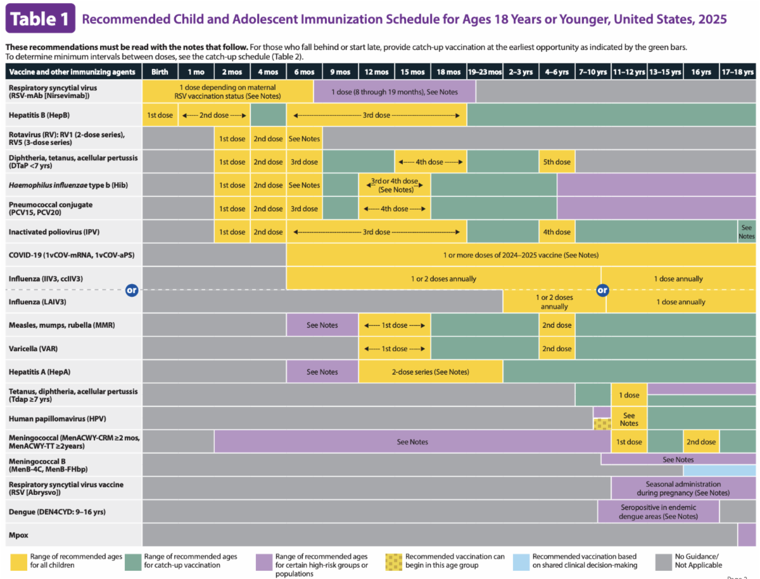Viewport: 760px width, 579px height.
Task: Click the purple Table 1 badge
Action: [x=40, y=18]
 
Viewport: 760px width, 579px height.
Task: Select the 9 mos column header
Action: [x=340, y=72]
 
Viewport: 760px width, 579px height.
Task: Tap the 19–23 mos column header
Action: [x=484, y=72]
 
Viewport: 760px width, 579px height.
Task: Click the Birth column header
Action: [x=160, y=72]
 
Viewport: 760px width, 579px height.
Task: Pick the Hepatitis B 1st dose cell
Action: [x=160, y=115]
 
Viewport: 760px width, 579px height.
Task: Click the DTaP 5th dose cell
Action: [x=557, y=162]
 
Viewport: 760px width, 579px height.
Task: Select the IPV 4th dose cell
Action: [x=557, y=232]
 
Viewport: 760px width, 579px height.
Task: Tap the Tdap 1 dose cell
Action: [x=629, y=395]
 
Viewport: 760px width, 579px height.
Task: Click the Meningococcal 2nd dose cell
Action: [x=701, y=442]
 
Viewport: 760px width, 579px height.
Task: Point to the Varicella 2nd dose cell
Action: [x=557, y=349]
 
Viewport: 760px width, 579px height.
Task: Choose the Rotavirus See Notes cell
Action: [x=304, y=139]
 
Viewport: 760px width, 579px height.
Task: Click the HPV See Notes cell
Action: [x=629, y=419]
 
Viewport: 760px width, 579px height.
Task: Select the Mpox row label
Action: [x=18, y=535]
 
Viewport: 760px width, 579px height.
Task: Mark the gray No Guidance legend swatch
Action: [x=663, y=561]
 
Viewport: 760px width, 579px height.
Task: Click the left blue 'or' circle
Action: [x=132, y=290]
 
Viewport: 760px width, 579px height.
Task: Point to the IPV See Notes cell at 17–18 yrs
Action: [x=747, y=232]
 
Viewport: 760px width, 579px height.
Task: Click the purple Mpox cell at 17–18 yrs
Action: [x=747, y=535]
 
